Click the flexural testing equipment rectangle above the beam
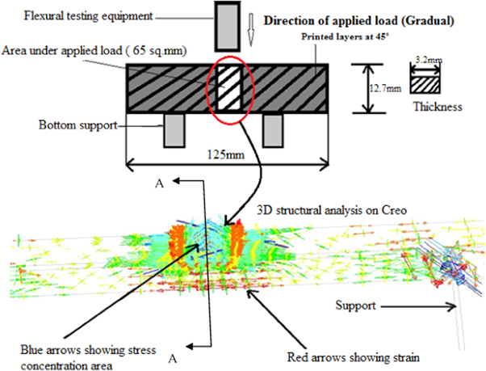[228, 25]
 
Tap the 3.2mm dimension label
[424, 60]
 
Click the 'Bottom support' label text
[76, 127]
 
